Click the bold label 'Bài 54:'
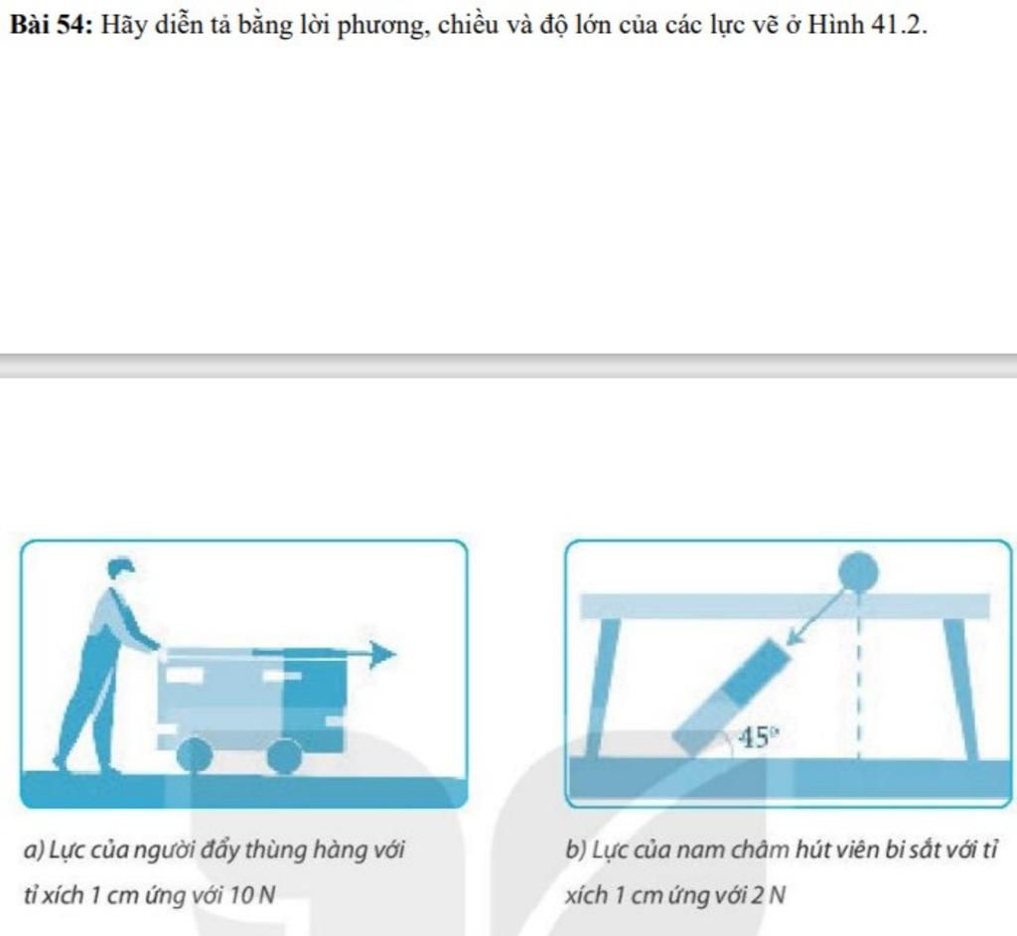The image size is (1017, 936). point(52,25)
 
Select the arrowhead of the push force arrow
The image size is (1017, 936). point(382,654)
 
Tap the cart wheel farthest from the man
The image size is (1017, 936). point(285,756)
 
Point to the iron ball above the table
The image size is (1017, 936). point(858,573)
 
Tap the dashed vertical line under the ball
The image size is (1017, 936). point(859,676)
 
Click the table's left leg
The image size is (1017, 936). point(601,688)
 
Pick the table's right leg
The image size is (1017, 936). point(961,688)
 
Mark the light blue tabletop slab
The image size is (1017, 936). point(785,606)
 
